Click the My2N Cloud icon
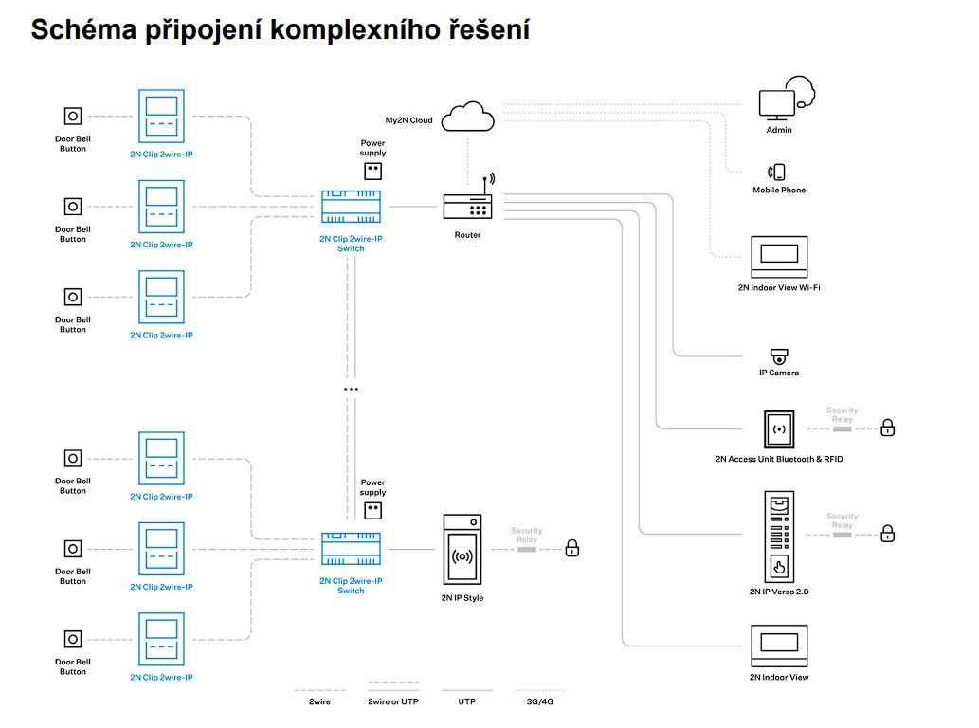click(468, 118)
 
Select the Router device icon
click(467, 205)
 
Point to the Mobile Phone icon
click(778, 172)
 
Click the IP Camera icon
click(779, 356)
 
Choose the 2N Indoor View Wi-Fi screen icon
click(778, 256)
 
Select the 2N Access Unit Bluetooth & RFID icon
click(779, 429)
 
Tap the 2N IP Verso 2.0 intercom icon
click(779, 537)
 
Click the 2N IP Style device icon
click(462, 550)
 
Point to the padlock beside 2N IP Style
click(571, 548)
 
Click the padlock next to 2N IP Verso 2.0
click(887, 533)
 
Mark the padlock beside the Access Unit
click(887, 428)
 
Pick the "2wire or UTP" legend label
click(392, 701)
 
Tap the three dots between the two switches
click(351, 389)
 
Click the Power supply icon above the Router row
click(373, 171)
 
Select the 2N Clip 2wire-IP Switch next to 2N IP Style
click(351, 550)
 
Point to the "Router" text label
click(467, 235)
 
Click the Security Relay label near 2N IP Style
click(526, 536)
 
